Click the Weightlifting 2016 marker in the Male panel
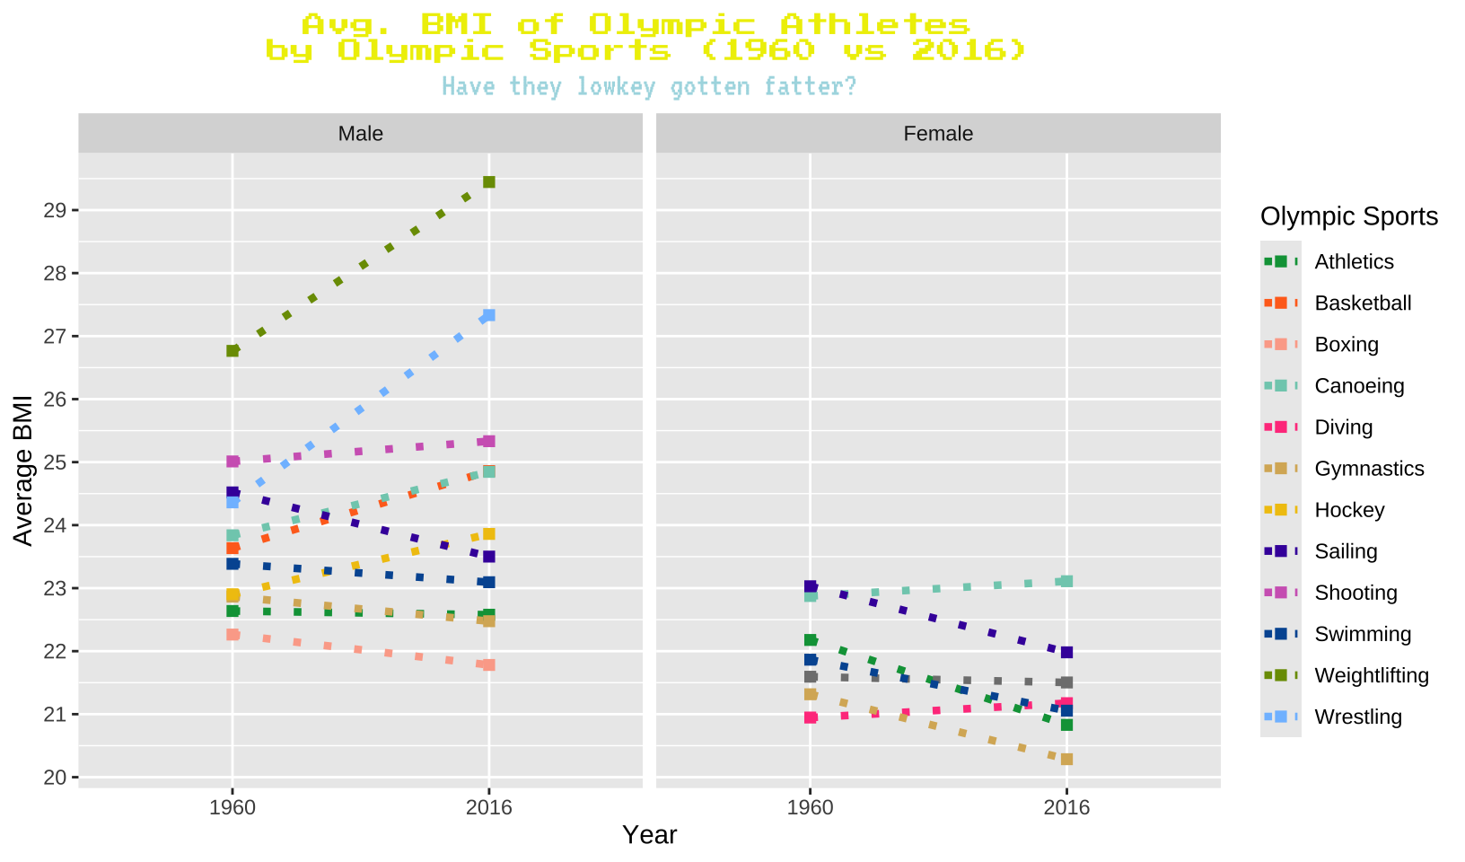[489, 182]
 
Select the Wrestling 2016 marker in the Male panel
[489, 315]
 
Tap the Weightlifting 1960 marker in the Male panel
[232, 351]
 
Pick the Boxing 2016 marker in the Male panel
[489, 665]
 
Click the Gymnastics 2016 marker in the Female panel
[1066, 760]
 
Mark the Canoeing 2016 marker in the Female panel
[1066, 582]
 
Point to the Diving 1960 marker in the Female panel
[811, 717]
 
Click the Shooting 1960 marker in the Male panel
[232, 462]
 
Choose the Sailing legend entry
[1346, 551]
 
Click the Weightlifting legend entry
[1371, 675]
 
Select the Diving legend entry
[1343, 427]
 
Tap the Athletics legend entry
[1354, 262]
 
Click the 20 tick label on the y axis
[56, 778]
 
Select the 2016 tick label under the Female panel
[1066, 807]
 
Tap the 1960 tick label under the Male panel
[232, 807]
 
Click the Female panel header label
[938, 134]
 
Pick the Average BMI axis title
[23, 470]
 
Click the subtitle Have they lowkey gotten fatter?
[649, 87]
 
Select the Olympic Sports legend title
[1348, 216]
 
